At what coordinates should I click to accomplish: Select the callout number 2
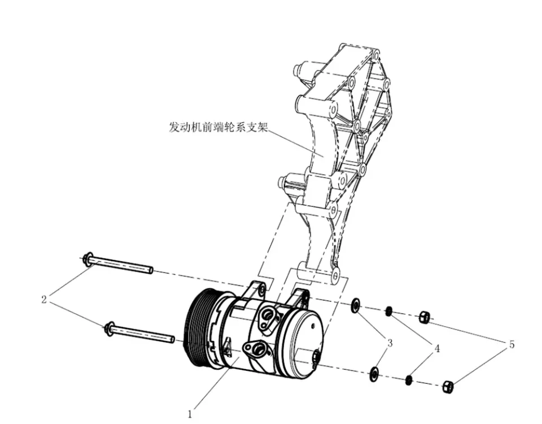44,300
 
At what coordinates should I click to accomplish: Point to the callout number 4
436,349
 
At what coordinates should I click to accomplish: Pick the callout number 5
512,344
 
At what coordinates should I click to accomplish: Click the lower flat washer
373,374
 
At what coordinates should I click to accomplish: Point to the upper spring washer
388,311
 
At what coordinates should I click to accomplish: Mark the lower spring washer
408,379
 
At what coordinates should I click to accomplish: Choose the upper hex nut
425,317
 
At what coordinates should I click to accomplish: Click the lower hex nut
448,387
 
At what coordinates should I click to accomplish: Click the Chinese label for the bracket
217,127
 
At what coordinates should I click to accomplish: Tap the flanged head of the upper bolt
88,259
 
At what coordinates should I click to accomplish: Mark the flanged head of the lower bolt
109,327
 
